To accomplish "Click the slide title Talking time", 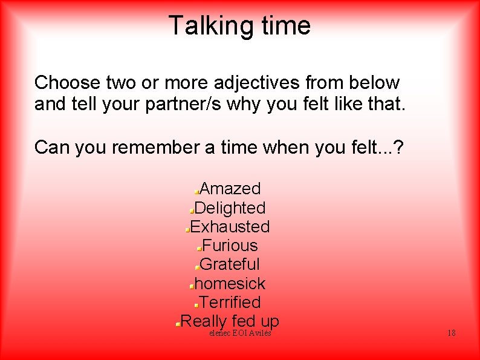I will coord(239,26).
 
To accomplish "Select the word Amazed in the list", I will coord(230,189).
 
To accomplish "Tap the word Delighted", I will coord(230,208).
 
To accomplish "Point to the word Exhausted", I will coord(230,226).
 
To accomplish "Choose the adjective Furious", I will coord(230,245).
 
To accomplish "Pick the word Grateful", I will coord(230,264).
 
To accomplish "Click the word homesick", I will coord(230,283).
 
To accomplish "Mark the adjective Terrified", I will coord(230,302).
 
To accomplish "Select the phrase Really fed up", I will coord(230,320).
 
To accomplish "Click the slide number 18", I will coord(451,333).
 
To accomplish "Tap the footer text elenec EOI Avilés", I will coord(239,333).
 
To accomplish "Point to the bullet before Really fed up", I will coord(177,324).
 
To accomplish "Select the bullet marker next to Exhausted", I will coord(187,230).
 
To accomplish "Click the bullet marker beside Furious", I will coord(199,248).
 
